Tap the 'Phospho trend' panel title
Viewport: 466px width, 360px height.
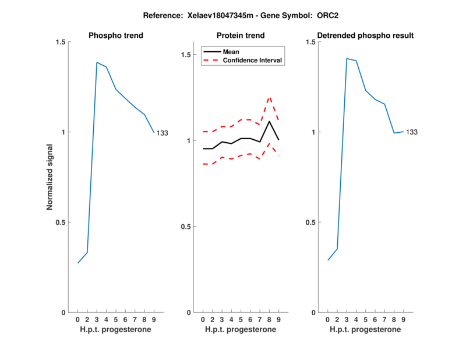[115, 36]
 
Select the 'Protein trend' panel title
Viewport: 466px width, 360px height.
[241, 36]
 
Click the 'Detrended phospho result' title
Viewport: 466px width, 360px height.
[365, 36]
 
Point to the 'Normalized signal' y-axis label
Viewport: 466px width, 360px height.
[50, 177]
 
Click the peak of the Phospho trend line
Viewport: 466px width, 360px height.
[97, 62]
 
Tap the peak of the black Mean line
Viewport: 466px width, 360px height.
[269, 121]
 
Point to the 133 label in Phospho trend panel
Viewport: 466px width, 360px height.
[162, 133]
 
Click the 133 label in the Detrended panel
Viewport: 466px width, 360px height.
[412, 132]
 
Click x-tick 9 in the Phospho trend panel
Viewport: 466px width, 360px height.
[154, 320]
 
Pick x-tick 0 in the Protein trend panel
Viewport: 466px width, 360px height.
[203, 320]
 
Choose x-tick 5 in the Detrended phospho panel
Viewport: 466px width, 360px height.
[365, 320]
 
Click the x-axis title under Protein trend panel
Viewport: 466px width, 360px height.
[241, 329]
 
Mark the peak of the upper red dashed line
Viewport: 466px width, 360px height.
[269, 97]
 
